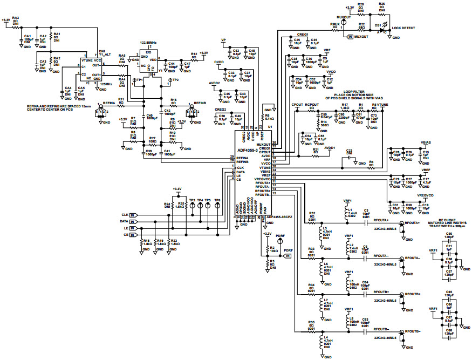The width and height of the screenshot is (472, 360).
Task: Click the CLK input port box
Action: point(132,215)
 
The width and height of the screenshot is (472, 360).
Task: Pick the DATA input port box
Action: point(132,222)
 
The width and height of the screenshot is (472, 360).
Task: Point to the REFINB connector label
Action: point(200,102)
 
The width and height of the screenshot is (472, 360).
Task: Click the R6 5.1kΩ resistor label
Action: point(269,117)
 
